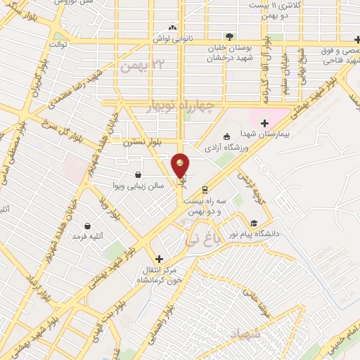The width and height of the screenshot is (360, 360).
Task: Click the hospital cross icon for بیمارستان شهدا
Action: pos(264,123)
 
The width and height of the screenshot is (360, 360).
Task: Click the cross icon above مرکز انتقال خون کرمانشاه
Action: pos(160,259)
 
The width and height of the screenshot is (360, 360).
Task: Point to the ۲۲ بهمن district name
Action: pos(136,67)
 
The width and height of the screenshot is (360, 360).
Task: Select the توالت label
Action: pos(58,44)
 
